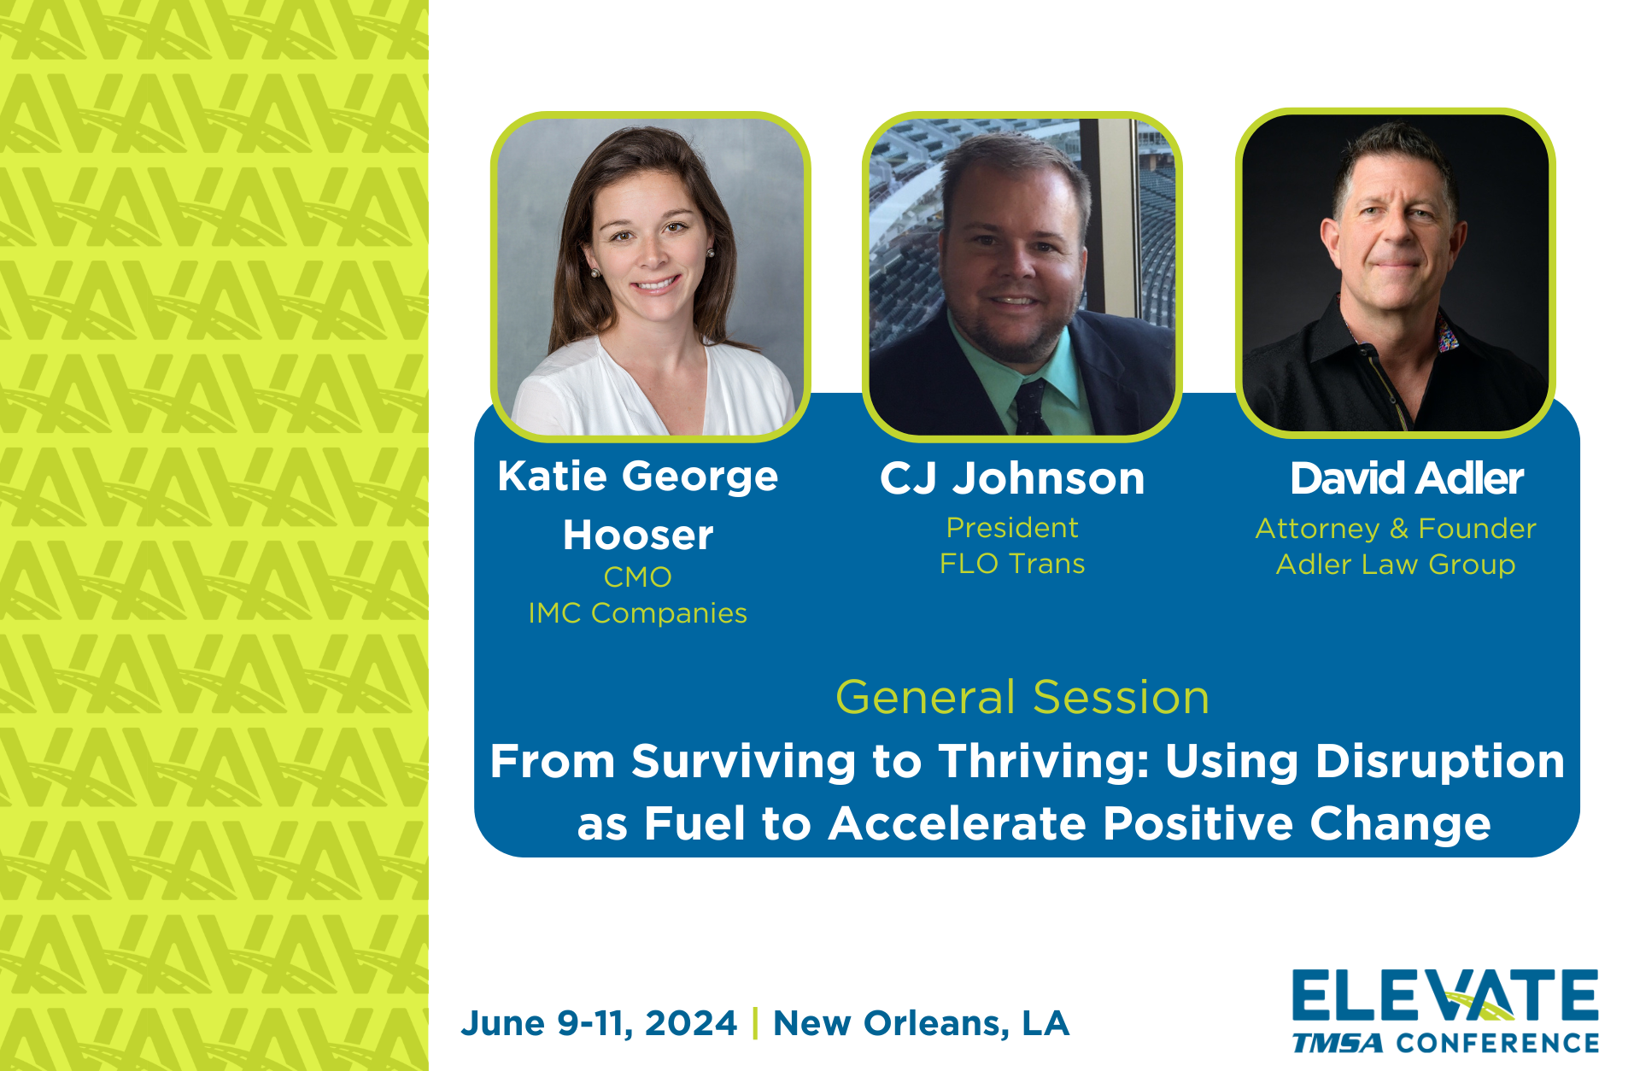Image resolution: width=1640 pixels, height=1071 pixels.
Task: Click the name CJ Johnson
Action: [x=1012, y=478]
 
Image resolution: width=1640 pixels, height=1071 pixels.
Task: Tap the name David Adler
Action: [x=1407, y=478]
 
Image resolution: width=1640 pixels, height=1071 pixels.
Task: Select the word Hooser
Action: [x=638, y=535]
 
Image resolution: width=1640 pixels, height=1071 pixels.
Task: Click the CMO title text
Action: [x=638, y=577]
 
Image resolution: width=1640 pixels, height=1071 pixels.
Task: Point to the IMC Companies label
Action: [x=638, y=613]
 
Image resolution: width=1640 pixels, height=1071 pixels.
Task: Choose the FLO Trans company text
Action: [x=1012, y=564]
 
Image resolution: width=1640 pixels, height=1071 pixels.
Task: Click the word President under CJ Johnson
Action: [x=1012, y=528]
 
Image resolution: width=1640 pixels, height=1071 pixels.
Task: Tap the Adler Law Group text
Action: [x=1396, y=565]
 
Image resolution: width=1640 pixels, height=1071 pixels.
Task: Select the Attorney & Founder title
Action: [x=1396, y=529]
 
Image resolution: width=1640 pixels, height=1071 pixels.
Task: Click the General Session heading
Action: [x=1022, y=697]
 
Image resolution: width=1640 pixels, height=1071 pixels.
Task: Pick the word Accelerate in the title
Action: [x=957, y=824]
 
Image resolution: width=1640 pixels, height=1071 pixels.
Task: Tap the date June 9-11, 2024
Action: [x=599, y=1023]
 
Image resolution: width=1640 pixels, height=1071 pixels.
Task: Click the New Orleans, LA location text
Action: [x=921, y=1023]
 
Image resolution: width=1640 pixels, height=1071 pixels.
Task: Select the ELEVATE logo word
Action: [x=1445, y=995]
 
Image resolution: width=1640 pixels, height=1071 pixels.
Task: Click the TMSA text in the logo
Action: [x=1338, y=1043]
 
